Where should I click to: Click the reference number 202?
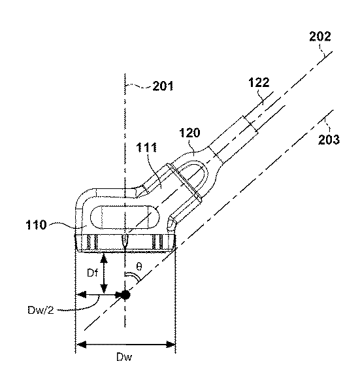320,37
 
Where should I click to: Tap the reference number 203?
329,139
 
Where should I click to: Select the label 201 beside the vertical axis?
163,86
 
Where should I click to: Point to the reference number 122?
259,82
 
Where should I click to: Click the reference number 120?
190,133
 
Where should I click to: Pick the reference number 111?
147,148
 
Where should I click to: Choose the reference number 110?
37,225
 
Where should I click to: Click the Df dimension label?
92,273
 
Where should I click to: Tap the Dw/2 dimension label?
41,311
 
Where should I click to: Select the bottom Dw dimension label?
124,358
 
